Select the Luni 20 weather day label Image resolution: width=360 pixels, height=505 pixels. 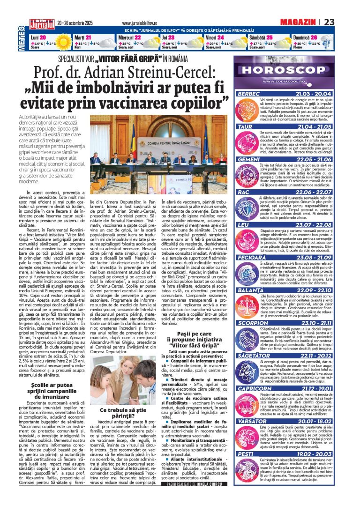pos(38,37)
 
